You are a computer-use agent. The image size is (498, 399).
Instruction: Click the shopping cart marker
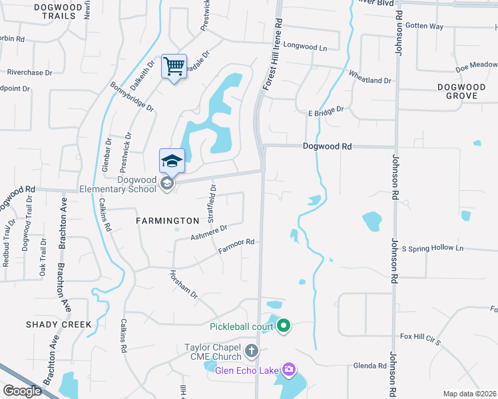tap(174, 67)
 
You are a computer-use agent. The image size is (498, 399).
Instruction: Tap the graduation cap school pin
tap(172, 162)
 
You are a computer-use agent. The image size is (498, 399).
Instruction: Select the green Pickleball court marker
tap(284, 326)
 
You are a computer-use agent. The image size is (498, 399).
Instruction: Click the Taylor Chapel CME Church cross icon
tap(251, 350)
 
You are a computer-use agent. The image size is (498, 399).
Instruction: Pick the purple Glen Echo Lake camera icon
tap(288, 369)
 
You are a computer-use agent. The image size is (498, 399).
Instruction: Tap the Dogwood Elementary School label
tap(136, 184)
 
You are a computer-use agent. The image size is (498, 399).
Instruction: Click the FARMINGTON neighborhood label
tap(167, 220)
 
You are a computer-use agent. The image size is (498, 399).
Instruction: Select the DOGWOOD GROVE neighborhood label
tap(462, 92)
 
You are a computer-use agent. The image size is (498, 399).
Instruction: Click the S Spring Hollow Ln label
tap(432, 248)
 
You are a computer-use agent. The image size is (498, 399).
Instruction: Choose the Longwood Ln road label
tap(306, 47)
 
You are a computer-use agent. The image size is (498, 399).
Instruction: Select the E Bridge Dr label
tap(325, 112)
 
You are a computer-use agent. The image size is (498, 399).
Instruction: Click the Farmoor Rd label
tap(236, 246)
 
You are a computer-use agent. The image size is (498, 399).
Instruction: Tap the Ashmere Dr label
tap(208, 232)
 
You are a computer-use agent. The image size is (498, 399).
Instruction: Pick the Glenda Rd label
tap(370, 366)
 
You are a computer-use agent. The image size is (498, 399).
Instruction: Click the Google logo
tap(23, 391)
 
